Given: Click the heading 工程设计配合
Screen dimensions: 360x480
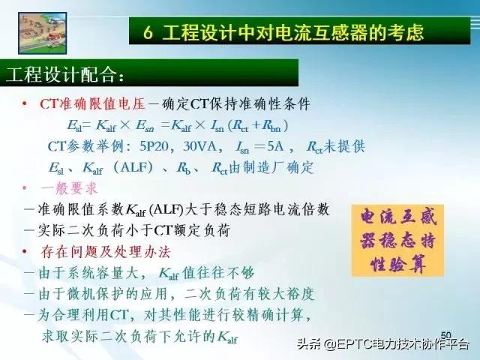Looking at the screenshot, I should (64, 76).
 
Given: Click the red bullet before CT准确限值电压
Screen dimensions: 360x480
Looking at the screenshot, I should (24, 103).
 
